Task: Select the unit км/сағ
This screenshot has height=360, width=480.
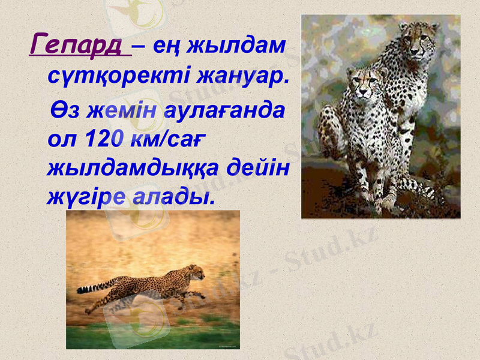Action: coord(164,140)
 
